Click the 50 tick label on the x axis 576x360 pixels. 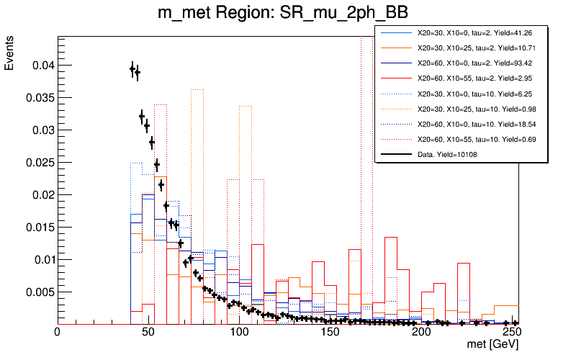(x=148, y=333)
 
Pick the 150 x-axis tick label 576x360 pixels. (x=329, y=333)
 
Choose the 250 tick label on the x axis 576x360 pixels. (x=510, y=333)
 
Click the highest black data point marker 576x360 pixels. (x=132, y=68)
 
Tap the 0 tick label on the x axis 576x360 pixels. (x=57, y=333)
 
